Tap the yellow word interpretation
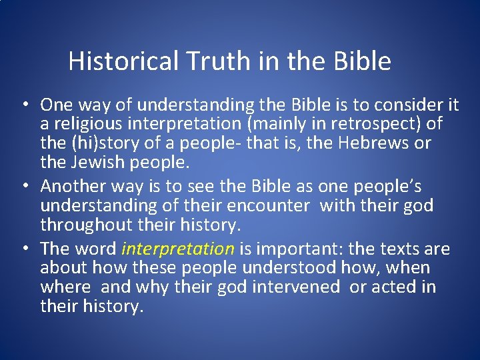point(178,249)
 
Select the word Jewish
point(95,162)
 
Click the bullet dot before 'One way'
point(23,105)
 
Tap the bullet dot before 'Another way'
point(23,187)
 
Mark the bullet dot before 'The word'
point(23,249)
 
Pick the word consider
point(407,105)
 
